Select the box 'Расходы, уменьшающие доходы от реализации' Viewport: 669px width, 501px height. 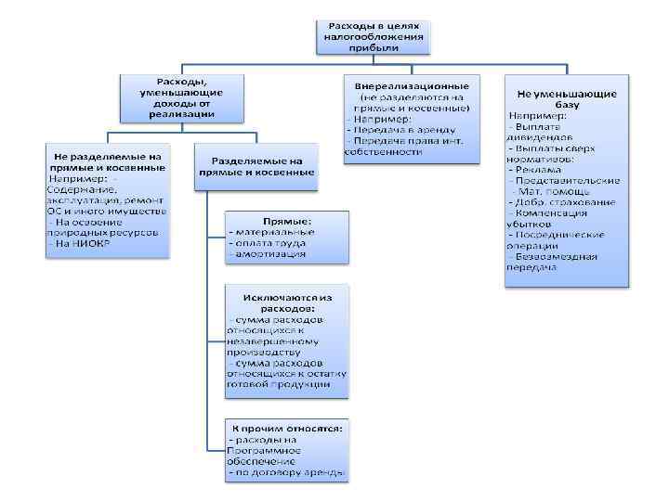point(180,96)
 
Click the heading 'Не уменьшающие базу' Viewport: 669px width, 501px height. point(567,98)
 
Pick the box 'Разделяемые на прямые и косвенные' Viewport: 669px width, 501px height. point(256,165)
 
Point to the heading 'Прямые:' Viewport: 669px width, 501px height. point(287,222)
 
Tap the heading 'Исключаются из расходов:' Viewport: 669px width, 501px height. point(286,302)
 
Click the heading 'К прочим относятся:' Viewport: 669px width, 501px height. point(287,428)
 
